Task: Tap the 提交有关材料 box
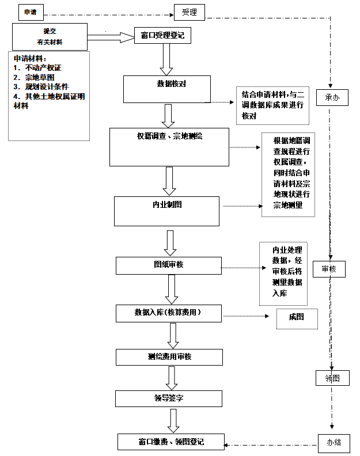[50, 36]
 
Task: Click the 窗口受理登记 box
[162, 36]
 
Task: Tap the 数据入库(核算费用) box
[169, 313]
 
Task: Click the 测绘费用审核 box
[169, 357]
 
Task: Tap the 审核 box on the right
[329, 269]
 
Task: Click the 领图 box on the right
[333, 378]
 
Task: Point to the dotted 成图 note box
[297, 318]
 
